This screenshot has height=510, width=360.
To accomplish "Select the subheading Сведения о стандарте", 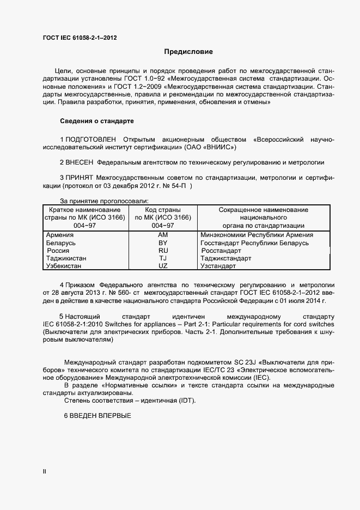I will pos(96,120).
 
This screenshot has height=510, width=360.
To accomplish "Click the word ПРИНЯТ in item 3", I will pos(80,178).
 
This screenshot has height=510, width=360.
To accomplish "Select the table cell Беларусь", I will pos(62,242).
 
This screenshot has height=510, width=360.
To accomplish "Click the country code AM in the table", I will pos(163,235).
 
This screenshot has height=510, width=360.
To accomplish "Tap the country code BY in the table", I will pos(163,242).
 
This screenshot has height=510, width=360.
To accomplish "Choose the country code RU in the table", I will pos(163,251).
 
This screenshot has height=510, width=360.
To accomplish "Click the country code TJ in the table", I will pos(163,258).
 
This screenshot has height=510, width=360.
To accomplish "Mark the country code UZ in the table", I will pos(163,266).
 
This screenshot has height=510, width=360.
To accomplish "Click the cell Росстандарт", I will pos(221,251).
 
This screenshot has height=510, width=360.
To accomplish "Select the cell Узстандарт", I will pos(218,266).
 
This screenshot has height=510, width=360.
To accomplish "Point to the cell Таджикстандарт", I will pos(226,258).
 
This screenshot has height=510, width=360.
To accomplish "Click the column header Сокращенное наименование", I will pos(263,210).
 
